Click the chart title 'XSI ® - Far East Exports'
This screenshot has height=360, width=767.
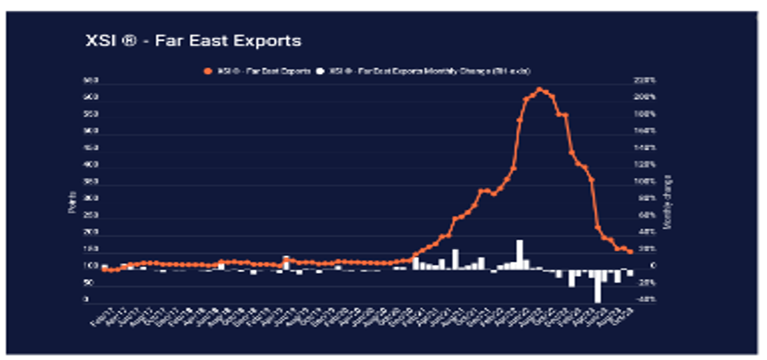coord(191,41)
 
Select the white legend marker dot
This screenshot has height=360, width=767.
coord(319,71)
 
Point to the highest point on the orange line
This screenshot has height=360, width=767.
coord(539,89)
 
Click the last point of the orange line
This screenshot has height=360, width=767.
coord(630,252)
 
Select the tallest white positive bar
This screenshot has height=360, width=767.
coord(519,255)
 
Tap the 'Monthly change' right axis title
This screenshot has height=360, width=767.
coord(667,202)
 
